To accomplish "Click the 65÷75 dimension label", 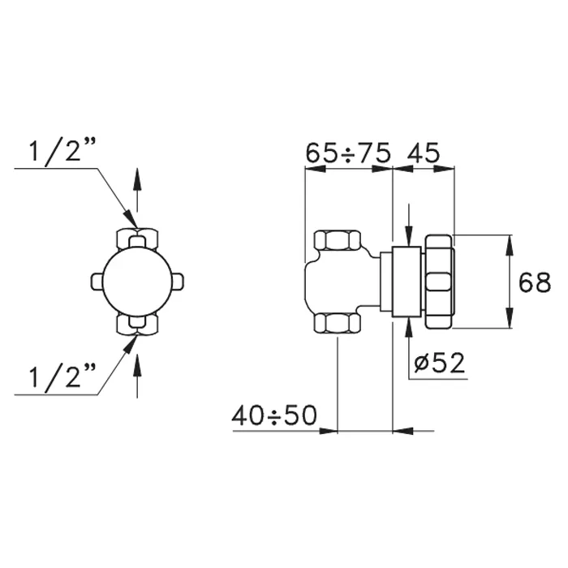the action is tap(348, 153).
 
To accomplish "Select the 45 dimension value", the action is tap(423, 153).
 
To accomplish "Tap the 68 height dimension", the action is tap(535, 282).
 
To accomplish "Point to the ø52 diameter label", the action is tap(440, 362).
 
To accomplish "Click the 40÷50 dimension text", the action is tap(274, 415).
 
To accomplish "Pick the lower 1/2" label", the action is tap(62, 377).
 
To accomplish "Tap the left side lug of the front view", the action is tap(97, 282).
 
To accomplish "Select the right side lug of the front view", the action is tap(177, 282).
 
